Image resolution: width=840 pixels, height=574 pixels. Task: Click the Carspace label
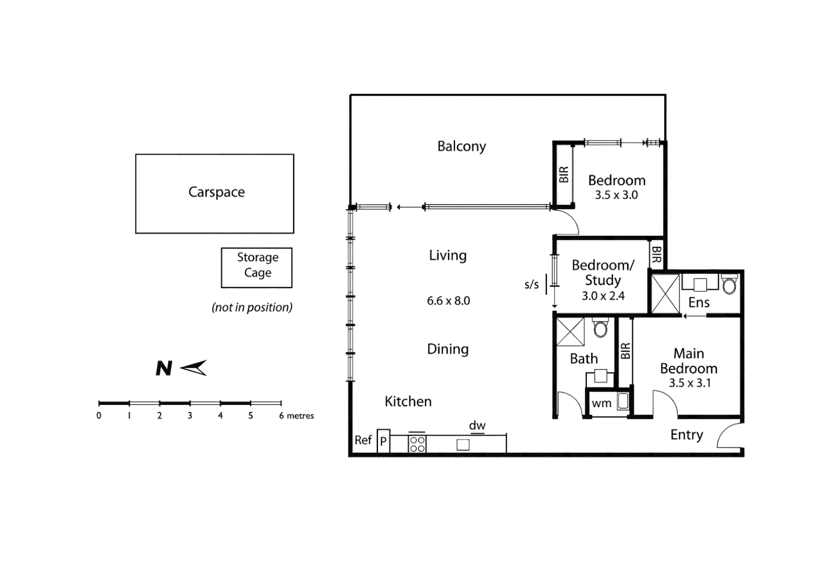pyautogui.click(x=216, y=192)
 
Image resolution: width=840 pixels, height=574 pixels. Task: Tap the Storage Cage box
pyautogui.click(x=257, y=267)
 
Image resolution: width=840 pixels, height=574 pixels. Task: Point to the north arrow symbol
pyautogui.click(x=193, y=368)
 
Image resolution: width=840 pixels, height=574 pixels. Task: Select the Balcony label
pyautogui.click(x=461, y=146)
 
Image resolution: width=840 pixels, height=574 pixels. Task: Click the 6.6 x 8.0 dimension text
pyautogui.click(x=448, y=301)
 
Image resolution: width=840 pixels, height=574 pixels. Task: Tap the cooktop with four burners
pyautogui.click(x=417, y=444)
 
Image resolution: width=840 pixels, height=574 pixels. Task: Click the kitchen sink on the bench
pyautogui.click(x=463, y=445)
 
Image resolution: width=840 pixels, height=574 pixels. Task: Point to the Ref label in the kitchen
pyautogui.click(x=363, y=440)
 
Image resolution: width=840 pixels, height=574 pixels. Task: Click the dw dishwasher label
pyautogui.click(x=477, y=425)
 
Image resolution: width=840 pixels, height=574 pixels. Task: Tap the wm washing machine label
pyautogui.click(x=601, y=403)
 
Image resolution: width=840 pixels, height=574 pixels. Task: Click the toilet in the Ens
pyautogui.click(x=729, y=285)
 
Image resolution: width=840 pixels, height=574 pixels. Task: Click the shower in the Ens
pyautogui.click(x=665, y=294)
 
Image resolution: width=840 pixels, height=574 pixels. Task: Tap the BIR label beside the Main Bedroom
pyautogui.click(x=625, y=351)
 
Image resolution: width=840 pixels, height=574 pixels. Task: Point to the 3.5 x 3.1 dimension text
pyautogui.click(x=690, y=383)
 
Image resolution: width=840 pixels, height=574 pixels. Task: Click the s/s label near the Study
pyautogui.click(x=532, y=284)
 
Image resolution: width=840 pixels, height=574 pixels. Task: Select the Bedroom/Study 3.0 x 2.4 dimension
pyautogui.click(x=603, y=296)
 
